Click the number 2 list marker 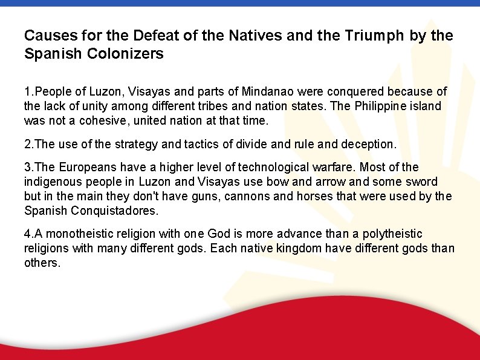28,144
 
